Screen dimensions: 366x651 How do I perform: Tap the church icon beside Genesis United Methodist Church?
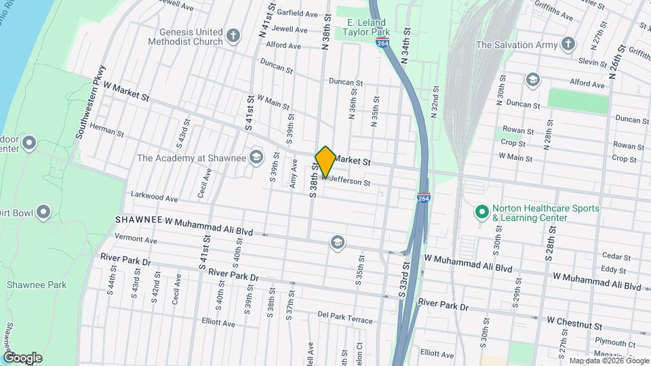click(x=233, y=36)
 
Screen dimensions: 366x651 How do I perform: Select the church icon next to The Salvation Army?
click(x=568, y=45)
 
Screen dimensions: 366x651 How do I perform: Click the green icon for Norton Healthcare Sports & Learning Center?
click(x=482, y=213)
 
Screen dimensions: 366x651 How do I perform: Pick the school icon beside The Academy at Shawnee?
click(x=256, y=158)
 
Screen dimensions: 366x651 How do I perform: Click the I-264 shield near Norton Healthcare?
click(x=422, y=198)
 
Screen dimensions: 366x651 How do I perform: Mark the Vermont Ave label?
click(x=136, y=240)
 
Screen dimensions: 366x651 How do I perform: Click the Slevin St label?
click(x=593, y=62)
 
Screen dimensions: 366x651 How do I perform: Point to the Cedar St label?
click(x=616, y=257)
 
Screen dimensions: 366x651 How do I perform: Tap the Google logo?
click(x=22, y=358)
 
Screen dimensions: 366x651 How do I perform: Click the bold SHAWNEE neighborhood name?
click(x=138, y=220)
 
